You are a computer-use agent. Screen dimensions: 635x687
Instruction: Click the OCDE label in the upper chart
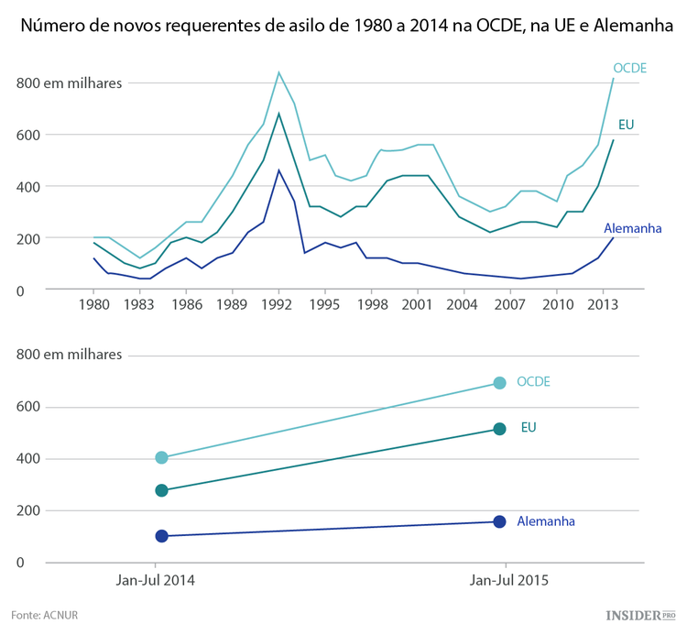pyautogui.click(x=630, y=69)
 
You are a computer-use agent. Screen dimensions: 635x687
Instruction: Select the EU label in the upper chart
pyautogui.click(x=627, y=125)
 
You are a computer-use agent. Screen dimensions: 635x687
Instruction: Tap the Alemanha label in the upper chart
pyautogui.click(x=632, y=227)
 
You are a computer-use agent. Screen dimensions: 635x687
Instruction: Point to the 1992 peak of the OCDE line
pyautogui.click(x=278, y=72)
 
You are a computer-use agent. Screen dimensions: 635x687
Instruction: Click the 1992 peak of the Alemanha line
pyautogui.click(x=278, y=170)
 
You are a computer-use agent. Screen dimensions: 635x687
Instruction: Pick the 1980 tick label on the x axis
pyautogui.click(x=93, y=303)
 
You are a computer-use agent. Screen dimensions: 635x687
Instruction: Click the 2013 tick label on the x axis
pyautogui.click(x=601, y=303)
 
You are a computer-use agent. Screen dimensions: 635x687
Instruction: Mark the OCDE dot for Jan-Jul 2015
pyautogui.click(x=499, y=383)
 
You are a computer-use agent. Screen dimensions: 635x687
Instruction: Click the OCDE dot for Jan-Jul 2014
pyautogui.click(x=162, y=457)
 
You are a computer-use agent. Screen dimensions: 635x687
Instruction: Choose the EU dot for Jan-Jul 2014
pyautogui.click(x=162, y=491)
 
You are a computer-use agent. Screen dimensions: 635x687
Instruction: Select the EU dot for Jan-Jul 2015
pyautogui.click(x=499, y=429)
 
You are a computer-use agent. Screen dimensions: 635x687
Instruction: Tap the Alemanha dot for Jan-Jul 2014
pyautogui.click(x=162, y=536)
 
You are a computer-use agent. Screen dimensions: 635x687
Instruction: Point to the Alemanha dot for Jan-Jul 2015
pyautogui.click(x=499, y=521)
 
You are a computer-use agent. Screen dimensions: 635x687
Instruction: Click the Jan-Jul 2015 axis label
pyautogui.click(x=509, y=580)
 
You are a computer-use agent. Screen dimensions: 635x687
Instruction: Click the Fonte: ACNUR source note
pyautogui.click(x=45, y=615)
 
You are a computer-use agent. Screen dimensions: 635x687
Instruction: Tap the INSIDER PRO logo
pyautogui.click(x=640, y=615)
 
